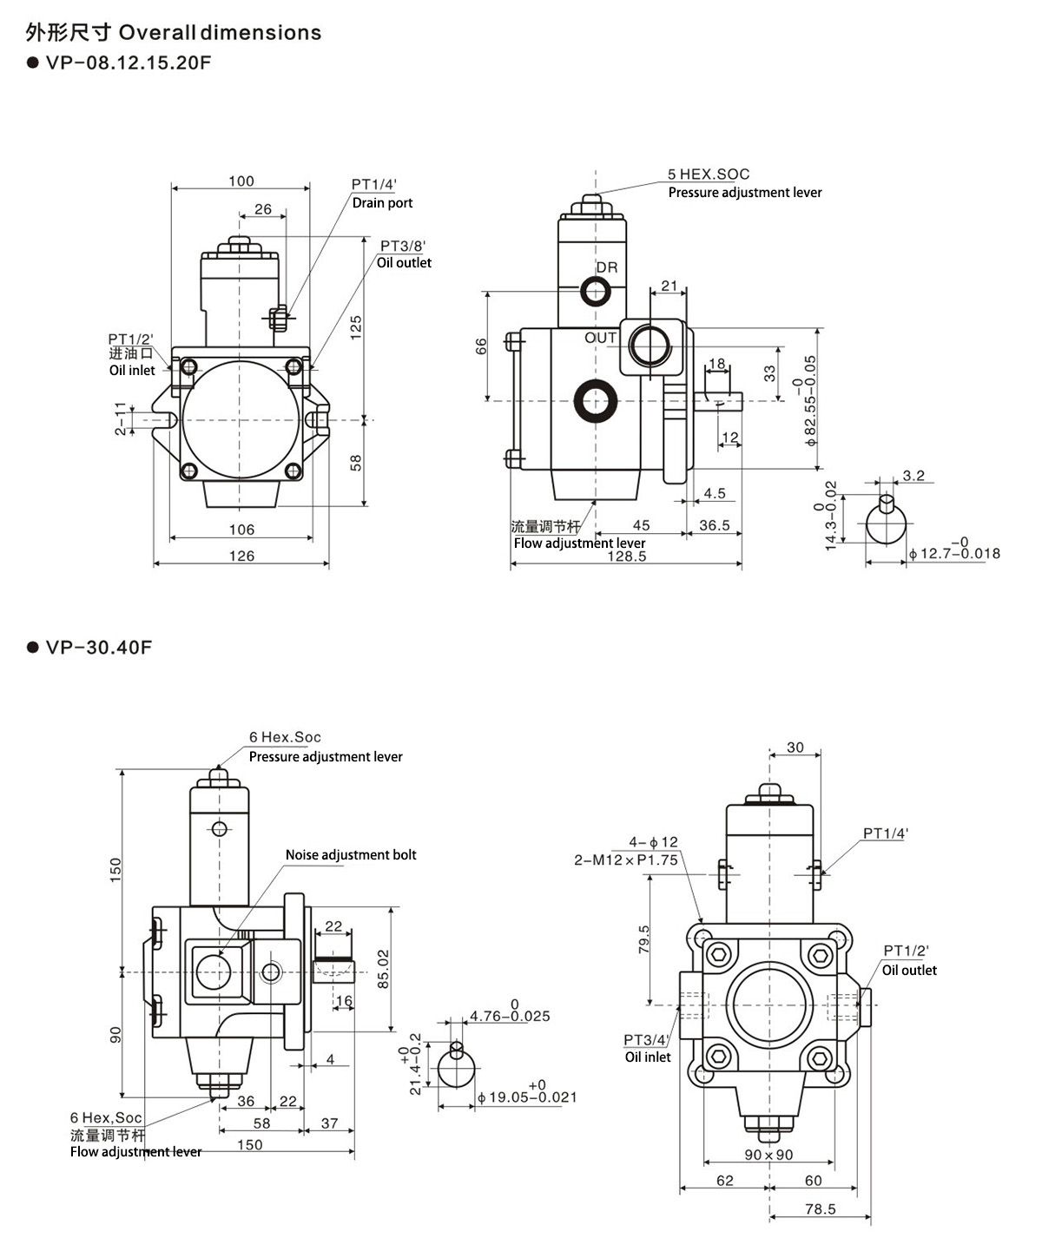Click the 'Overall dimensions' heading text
[220, 32]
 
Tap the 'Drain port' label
[382, 203]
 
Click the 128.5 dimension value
[627, 557]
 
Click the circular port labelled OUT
[649, 346]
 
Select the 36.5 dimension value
[714, 525]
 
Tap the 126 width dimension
[241, 557]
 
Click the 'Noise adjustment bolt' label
[351, 855]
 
